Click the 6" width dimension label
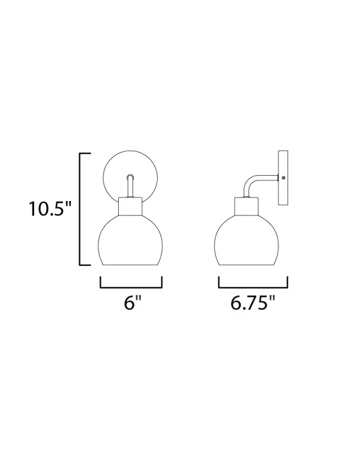(x=133, y=302)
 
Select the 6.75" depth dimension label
(x=253, y=302)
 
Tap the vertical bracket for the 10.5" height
(x=80, y=209)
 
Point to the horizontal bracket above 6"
(x=131, y=287)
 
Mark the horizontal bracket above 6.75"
(x=253, y=287)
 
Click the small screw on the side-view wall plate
(x=284, y=178)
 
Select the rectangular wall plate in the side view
(x=283, y=178)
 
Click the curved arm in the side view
(x=254, y=179)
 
